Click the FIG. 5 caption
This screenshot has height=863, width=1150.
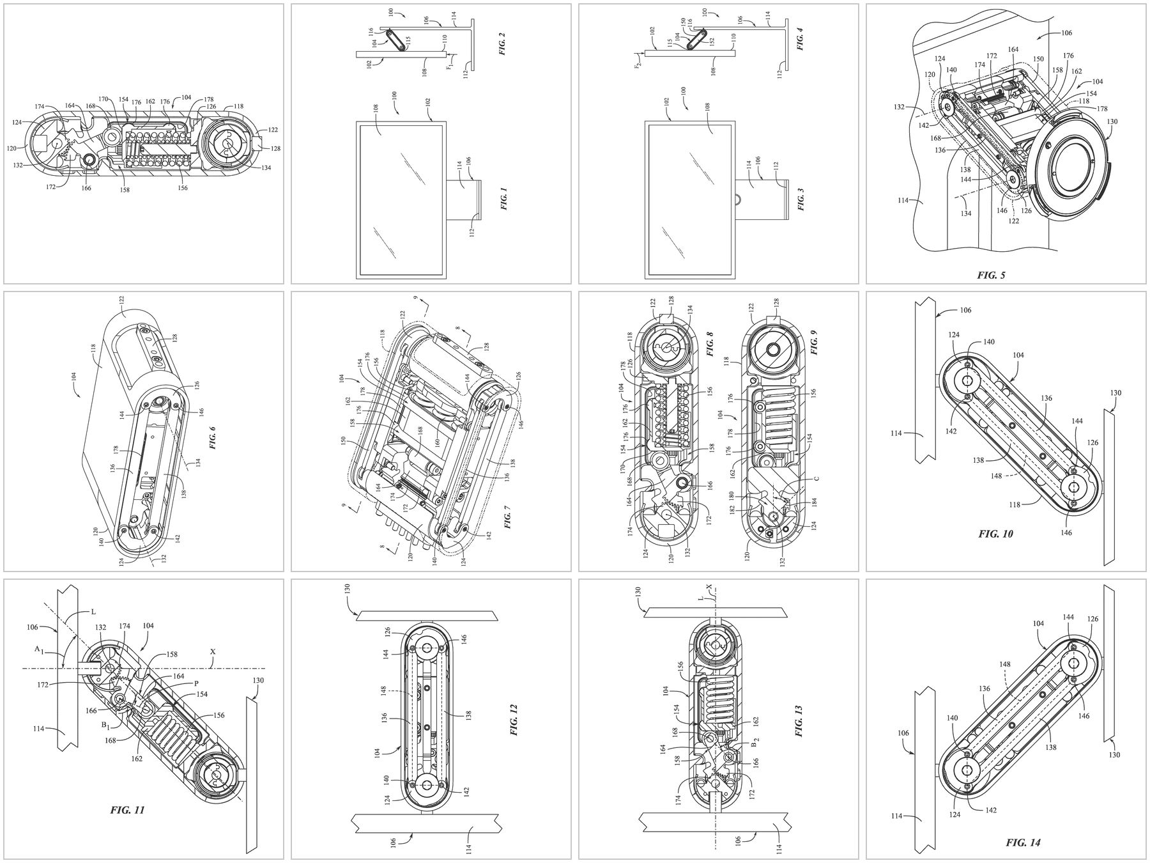[x=991, y=276]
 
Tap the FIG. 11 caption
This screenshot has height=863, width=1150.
[x=127, y=810]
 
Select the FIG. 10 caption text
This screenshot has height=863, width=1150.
[x=995, y=534]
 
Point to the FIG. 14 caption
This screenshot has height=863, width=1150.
[x=1023, y=843]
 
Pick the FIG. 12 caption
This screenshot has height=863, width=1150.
[x=514, y=719]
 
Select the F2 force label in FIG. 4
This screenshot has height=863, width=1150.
[x=637, y=63]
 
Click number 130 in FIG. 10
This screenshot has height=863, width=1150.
[x=1116, y=393]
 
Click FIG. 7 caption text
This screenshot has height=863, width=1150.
[x=507, y=516]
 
